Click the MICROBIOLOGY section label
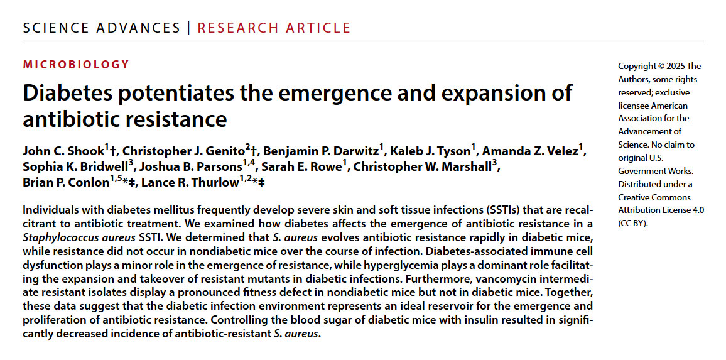coord(76,64)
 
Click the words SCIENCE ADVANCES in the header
coord(101,28)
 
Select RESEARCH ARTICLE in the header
coord(274,28)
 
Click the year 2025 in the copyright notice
coord(676,66)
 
